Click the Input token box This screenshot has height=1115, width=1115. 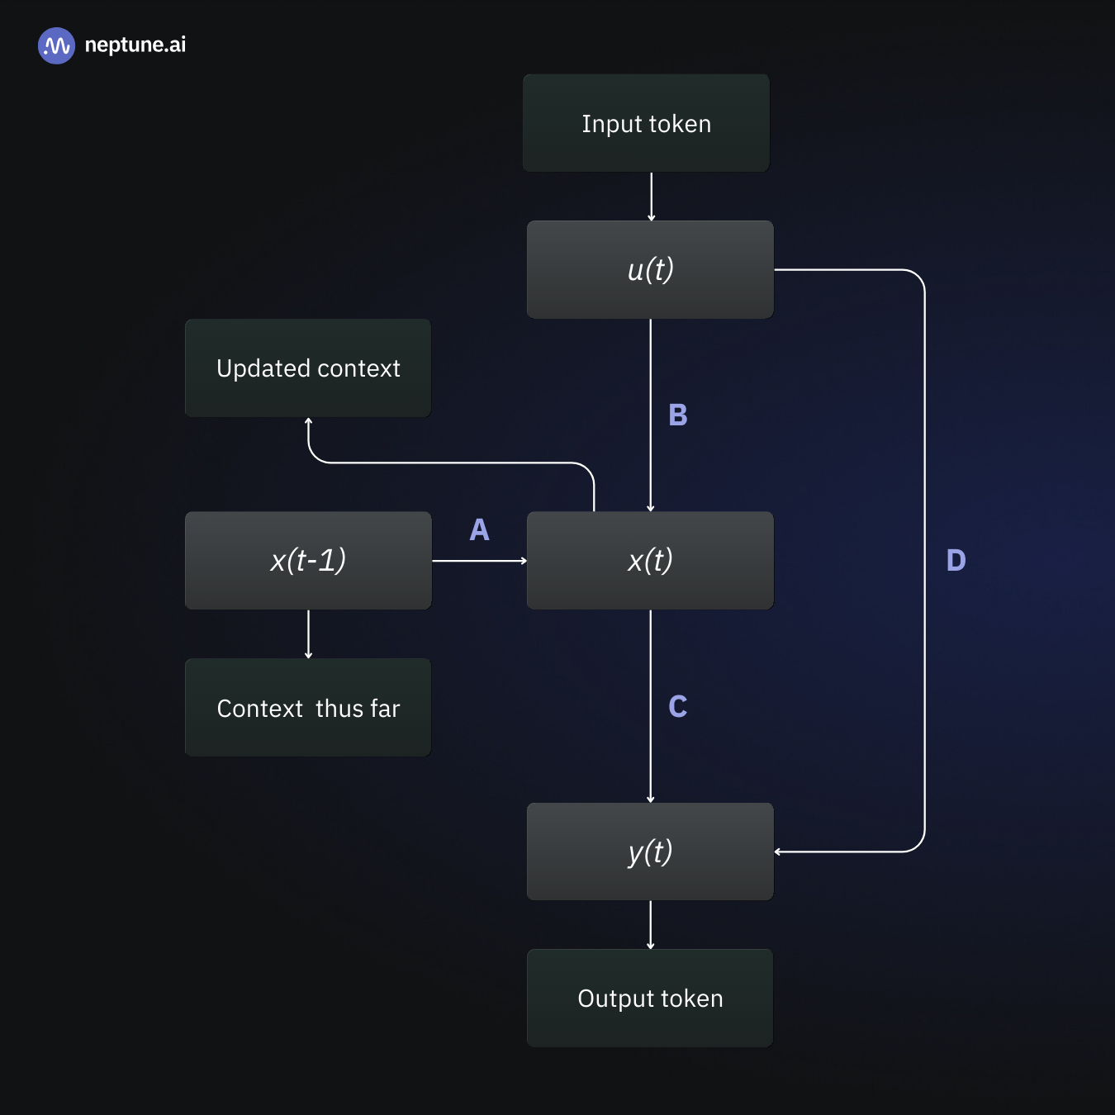[646, 123]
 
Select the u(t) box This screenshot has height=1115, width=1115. [650, 269]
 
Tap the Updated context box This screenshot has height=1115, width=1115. [308, 368]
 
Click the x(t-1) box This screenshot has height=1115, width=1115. [308, 561]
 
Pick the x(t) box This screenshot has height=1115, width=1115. [650, 561]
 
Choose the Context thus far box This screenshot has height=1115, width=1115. [308, 708]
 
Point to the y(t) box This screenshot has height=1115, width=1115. [650, 852]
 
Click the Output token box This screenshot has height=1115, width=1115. [650, 998]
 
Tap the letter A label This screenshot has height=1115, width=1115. [479, 529]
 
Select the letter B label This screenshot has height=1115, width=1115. [677, 415]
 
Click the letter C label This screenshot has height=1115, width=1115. [677, 706]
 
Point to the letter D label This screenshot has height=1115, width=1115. [956, 560]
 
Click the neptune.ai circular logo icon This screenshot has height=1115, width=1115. [56, 45]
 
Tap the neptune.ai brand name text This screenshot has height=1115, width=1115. [135, 45]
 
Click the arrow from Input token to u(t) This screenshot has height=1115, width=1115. [651, 197]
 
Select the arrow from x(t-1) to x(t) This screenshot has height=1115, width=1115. [479, 561]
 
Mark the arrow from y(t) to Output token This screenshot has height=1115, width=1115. [651, 925]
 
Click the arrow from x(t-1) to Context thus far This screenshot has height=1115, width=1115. [308, 634]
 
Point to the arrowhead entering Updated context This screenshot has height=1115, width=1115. [308, 422]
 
